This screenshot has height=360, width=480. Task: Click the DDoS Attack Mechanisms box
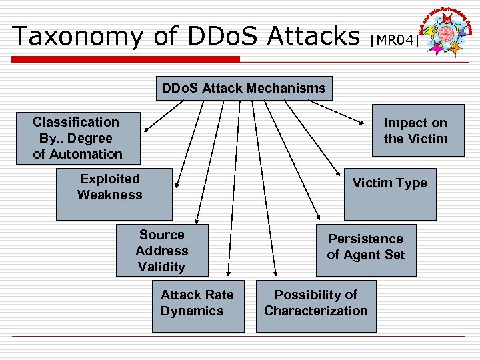click(x=244, y=88)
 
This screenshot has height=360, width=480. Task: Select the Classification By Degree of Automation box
click(x=78, y=138)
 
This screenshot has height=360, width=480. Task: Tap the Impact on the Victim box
click(x=417, y=131)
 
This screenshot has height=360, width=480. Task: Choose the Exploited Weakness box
click(x=114, y=193)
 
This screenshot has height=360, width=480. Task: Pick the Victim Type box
click(x=389, y=193)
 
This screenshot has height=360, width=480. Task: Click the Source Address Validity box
click(x=162, y=251)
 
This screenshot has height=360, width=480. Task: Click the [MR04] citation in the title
click(x=394, y=41)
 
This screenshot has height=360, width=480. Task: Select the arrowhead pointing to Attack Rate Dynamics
click(x=229, y=271)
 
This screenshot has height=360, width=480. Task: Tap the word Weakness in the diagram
click(x=110, y=195)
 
